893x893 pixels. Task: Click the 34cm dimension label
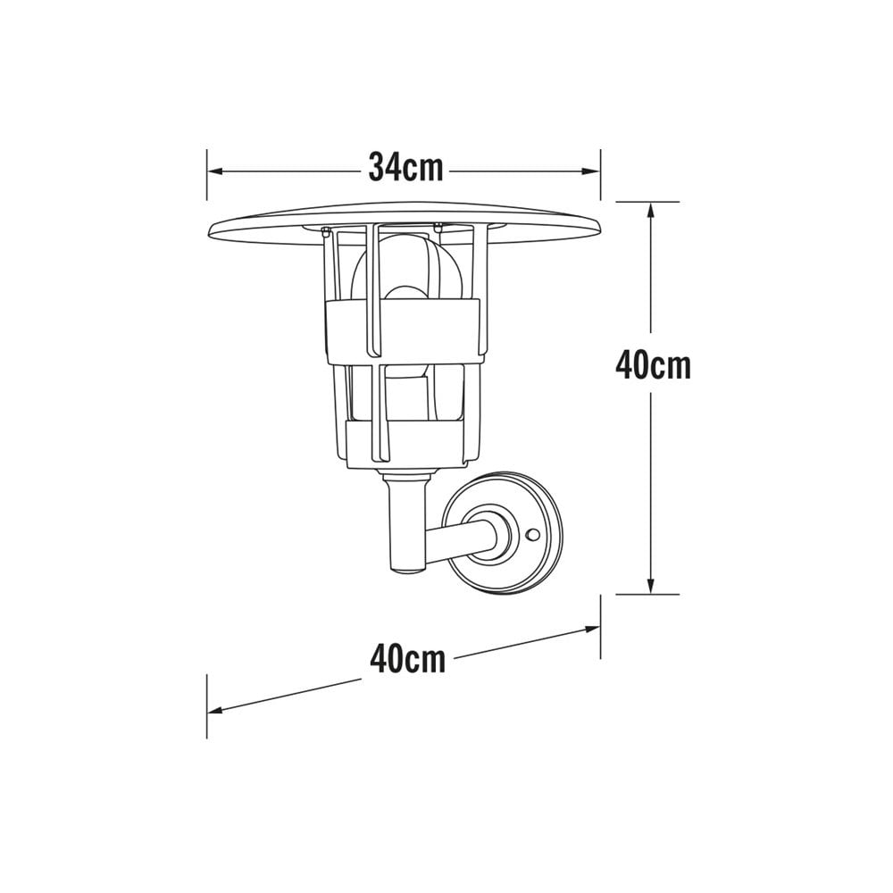406,167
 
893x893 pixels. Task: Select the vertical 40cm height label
653,365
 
